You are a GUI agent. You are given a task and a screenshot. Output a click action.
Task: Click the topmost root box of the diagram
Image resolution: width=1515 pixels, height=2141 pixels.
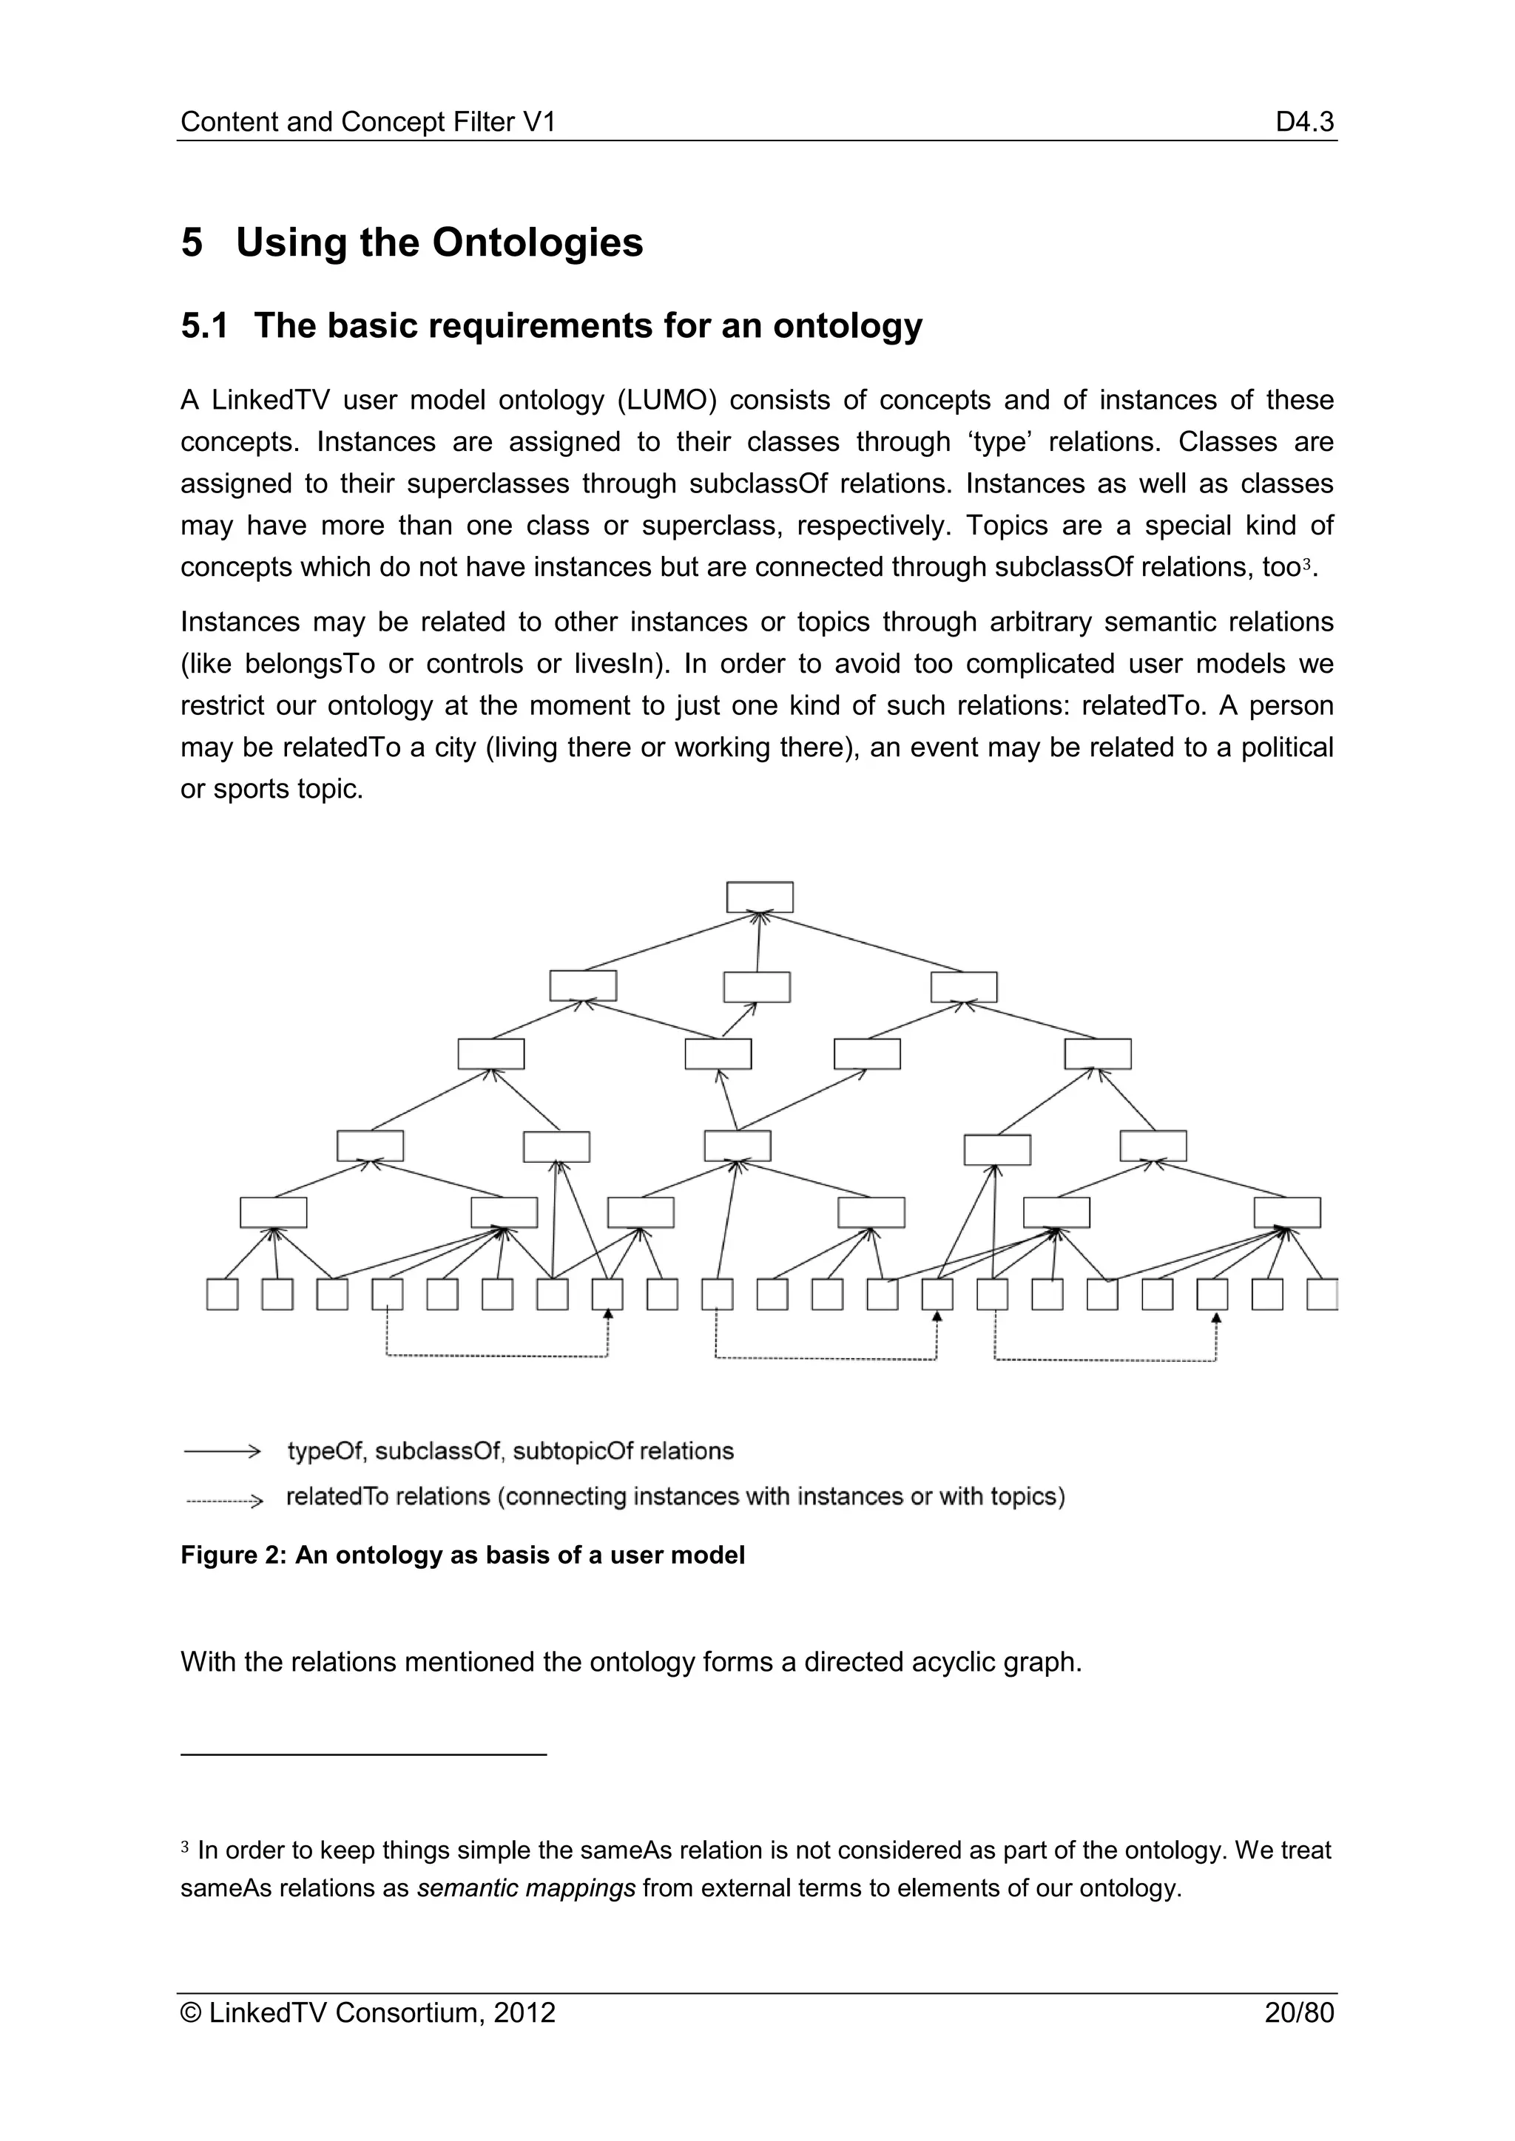point(760,897)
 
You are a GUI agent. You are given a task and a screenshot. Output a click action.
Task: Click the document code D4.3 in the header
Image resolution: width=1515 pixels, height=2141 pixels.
point(1304,122)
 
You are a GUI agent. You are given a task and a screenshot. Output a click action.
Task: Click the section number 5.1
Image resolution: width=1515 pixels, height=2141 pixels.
point(204,325)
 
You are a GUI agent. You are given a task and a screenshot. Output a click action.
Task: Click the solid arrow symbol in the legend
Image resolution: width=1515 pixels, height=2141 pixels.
point(222,1451)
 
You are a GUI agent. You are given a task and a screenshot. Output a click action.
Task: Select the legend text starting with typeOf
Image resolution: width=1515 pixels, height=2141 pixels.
point(510,1451)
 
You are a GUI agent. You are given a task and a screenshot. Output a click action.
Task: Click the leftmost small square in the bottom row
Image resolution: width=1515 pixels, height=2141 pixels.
point(222,1295)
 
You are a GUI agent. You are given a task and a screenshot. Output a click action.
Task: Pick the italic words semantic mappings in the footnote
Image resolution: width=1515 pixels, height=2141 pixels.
point(526,1888)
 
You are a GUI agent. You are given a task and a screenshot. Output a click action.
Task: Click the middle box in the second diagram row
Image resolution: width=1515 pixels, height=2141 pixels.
point(757,986)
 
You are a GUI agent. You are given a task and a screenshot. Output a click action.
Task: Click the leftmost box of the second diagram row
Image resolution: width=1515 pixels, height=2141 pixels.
point(582,985)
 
